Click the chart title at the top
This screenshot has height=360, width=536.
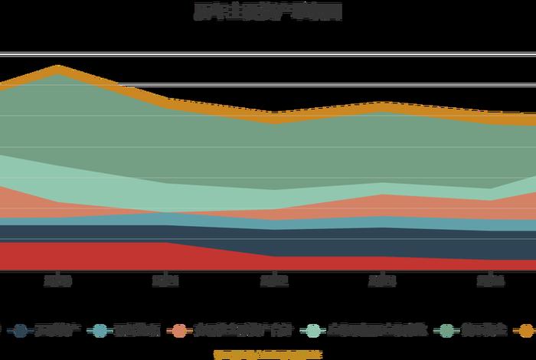(267, 11)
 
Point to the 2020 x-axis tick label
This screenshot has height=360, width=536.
(57, 281)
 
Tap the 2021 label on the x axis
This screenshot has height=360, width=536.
(165, 281)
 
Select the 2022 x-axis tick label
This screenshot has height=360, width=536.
(274, 281)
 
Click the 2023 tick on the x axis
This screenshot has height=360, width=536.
(382, 281)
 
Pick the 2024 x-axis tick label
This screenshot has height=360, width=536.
(490, 281)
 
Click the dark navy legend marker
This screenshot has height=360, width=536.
(21, 330)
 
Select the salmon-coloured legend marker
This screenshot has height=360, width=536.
(180, 330)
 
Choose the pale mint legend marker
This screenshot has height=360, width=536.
(313, 330)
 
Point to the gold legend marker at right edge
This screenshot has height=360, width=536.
(527, 330)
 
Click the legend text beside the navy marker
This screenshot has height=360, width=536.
(53, 330)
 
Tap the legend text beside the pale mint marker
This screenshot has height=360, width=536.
(375, 330)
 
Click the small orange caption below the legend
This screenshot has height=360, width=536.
(267, 354)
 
